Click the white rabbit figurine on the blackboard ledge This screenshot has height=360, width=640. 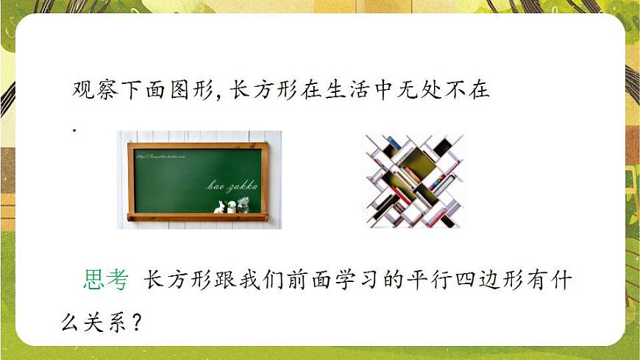point(219,207)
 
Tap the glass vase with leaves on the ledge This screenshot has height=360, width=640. point(243,204)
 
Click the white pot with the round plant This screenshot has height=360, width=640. point(231,207)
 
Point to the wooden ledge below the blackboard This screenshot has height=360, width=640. point(197,217)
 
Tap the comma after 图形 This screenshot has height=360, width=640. point(218,96)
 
